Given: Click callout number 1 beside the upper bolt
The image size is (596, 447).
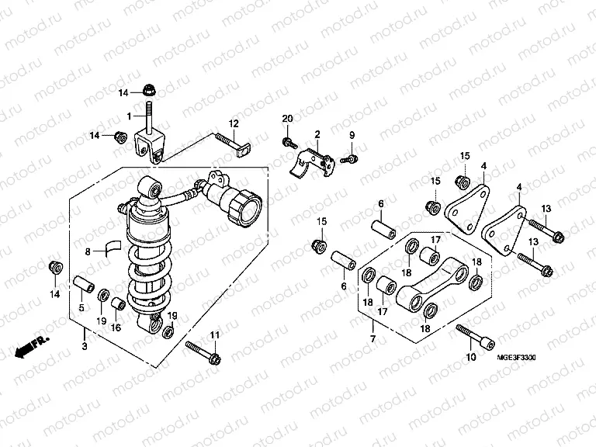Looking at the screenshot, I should (x=130, y=116).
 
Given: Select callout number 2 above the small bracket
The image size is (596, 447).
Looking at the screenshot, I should (x=317, y=135).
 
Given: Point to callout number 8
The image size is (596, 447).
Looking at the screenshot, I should (x=88, y=251).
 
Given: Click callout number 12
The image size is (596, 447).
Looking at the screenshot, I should (x=232, y=123).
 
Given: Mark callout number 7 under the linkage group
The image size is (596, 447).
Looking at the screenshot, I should (x=372, y=340).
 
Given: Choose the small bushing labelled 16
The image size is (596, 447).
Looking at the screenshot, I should (x=117, y=303).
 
